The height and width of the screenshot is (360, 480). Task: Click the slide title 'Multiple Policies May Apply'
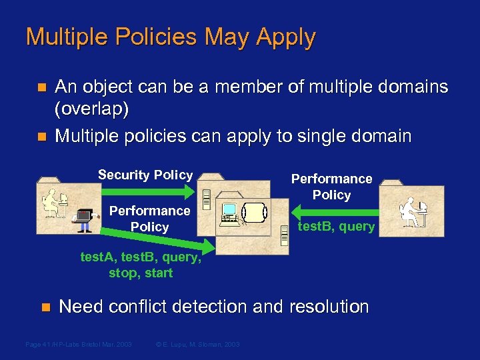tap(170, 37)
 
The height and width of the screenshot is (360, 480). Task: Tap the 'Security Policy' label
tap(145, 175)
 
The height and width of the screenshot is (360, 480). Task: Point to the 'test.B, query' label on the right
tap(336, 227)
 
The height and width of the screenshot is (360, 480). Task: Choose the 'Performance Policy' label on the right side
tap(331, 187)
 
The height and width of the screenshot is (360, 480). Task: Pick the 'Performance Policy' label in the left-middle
tap(149, 219)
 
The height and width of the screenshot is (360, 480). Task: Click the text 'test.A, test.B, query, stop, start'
tap(140, 265)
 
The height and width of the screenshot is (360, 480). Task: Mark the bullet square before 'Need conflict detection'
tap(45, 307)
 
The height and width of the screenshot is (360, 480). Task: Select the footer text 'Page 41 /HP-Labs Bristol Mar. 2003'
tap(78, 344)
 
